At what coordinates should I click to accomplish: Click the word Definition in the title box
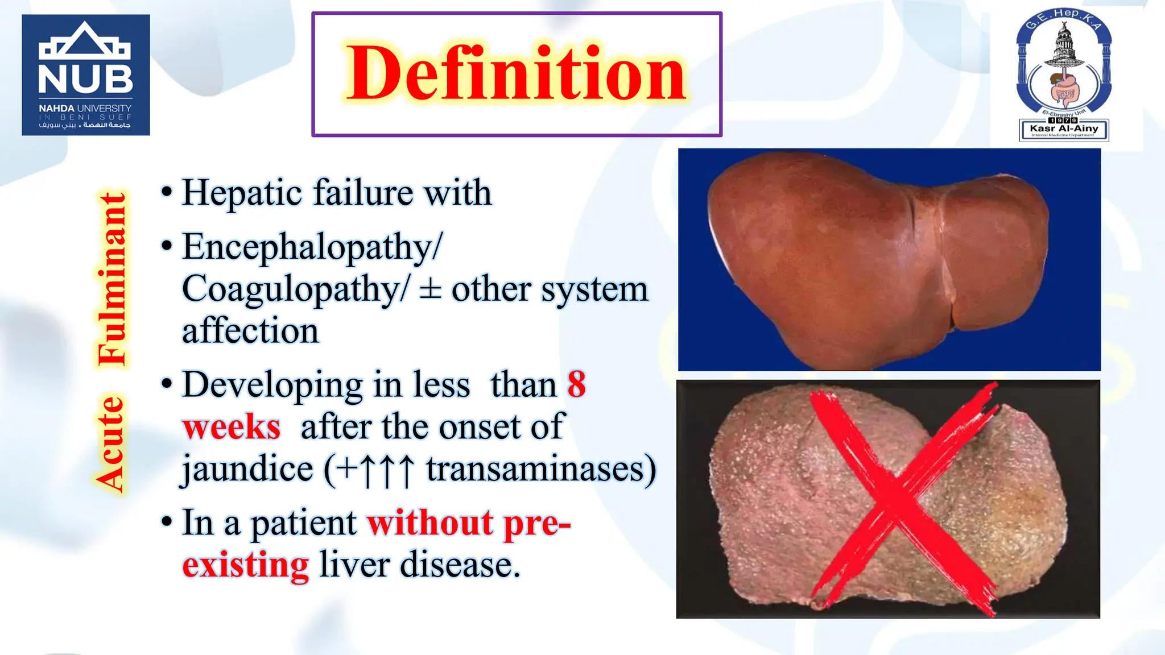(x=517, y=74)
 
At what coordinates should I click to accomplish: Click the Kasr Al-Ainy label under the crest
(x=1063, y=128)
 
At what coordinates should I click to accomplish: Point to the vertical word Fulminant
(x=112, y=279)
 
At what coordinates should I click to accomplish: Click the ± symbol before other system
(x=430, y=289)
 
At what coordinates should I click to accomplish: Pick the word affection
(x=250, y=331)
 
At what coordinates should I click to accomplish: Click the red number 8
(x=576, y=384)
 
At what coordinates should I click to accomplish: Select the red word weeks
(x=232, y=427)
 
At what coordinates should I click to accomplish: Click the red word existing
(x=246, y=565)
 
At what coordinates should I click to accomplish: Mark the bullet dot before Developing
(x=167, y=384)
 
